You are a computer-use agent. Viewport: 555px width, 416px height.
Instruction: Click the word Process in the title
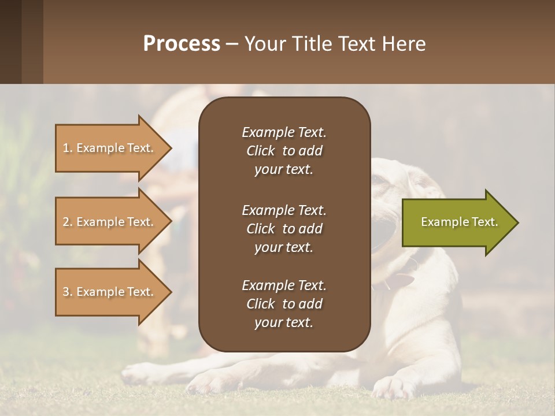coord(182,44)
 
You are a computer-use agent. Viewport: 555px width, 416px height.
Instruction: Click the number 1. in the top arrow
coord(67,148)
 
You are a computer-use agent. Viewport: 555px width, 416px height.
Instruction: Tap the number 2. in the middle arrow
coord(67,222)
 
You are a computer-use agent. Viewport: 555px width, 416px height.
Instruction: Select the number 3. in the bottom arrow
coord(67,292)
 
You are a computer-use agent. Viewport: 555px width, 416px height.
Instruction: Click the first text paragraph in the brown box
coord(284,151)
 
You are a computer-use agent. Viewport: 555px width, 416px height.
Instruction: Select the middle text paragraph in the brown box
coord(284,228)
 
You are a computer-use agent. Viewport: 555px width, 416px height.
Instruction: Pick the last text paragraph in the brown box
coord(284,304)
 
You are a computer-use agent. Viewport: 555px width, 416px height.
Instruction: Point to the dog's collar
coord(399,280)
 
